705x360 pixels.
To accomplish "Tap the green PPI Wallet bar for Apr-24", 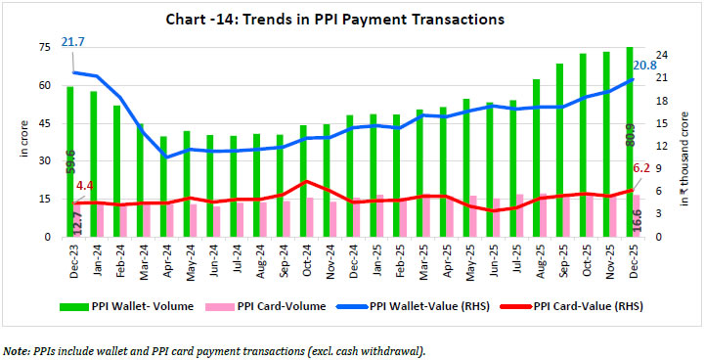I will pyautogui.click(x=163, y=186).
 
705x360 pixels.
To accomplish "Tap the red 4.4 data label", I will pyautogui.click(x=85, y=184).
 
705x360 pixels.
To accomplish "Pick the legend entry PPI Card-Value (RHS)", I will pyautogui.click(x=588, y=306).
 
